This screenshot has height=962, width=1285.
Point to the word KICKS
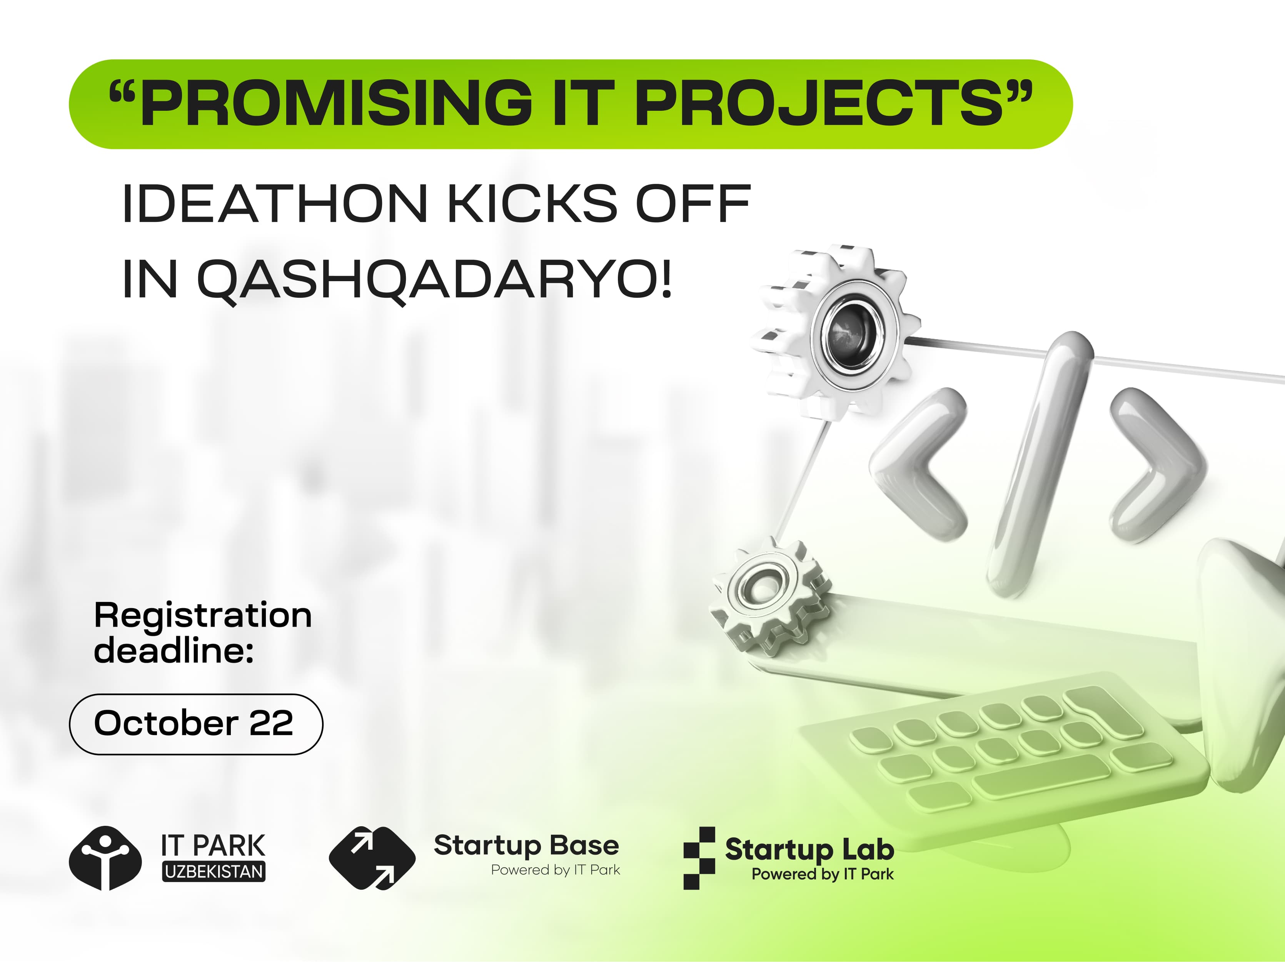(x=533, y=203)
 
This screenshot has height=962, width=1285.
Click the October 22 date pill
(x=196, y=724)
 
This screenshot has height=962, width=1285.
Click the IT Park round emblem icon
(x=105, y=859)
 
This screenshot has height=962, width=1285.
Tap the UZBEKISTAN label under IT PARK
(x=214, y=871)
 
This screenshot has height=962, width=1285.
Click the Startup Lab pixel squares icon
(x=699, y=858)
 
